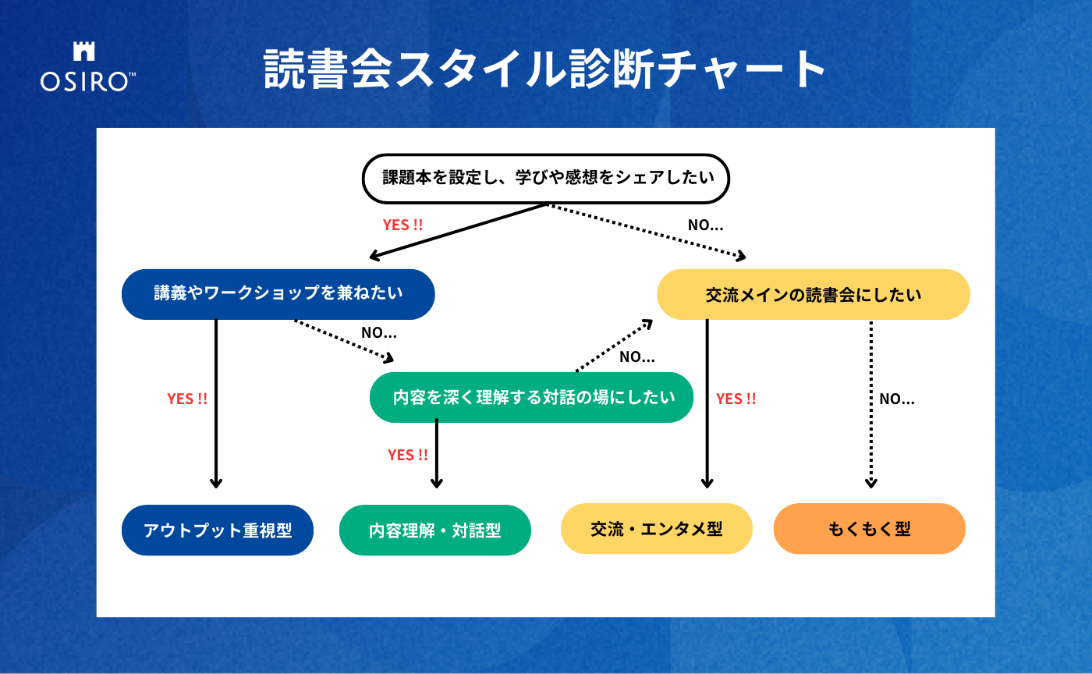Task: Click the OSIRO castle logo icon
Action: [83, 51]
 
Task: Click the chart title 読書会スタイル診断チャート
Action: [544, 71]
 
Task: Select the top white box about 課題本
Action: [547, 178]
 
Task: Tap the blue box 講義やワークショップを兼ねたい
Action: [278, 293]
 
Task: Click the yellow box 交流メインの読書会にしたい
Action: [813, 295]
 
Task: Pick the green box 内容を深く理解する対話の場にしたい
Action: [531, 397]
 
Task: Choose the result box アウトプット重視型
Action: [218, 530]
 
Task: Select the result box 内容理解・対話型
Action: [435, 530]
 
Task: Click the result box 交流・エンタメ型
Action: [656, 529]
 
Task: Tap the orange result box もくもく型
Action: [869, 529]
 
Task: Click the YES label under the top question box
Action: [402, 225]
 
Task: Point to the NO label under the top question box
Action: [705, 225]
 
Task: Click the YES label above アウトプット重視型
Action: [187, 399]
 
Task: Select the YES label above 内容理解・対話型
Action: [408, 455]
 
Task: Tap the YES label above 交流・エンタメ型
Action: [736, 399]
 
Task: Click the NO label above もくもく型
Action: [897, 399]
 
